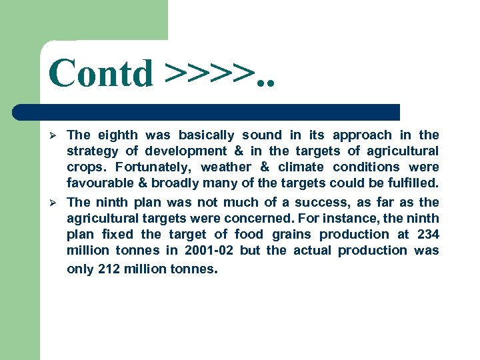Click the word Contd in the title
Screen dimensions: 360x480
click(x=101, y=73)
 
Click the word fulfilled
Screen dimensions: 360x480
click(x=412, y=183)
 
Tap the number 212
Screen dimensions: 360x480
click(x=108, y=269)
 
